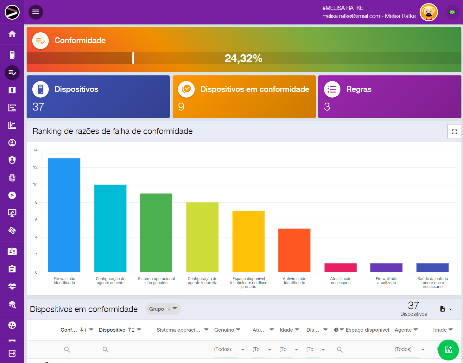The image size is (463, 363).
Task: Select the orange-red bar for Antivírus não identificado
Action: [x=294, y=250]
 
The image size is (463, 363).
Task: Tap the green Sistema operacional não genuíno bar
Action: [x=156, y=232]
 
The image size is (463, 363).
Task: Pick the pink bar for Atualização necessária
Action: [x=340, y=267]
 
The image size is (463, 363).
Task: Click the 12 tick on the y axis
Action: [x=35, y=168]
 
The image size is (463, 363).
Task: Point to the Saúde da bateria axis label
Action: [x=433, y=283]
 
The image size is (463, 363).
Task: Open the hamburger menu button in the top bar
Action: [x=36, y=12]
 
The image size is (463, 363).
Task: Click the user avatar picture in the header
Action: [x=428, y=12]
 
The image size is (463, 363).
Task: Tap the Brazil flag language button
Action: [x=452, y=12]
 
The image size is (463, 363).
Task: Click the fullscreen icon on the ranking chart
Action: [x=454, y=132]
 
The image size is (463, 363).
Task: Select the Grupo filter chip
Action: [x=163, y=309]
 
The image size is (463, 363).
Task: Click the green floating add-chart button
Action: [x=448, y=350]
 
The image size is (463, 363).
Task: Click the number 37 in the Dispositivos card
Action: [x=38, y=107]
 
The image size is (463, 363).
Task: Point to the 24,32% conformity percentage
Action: [x=243, y=58]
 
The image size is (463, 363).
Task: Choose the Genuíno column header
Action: [x=224, y=330]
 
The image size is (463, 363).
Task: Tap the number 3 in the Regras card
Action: [x=327, y=107]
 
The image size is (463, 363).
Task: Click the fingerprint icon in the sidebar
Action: [x=12, y=178]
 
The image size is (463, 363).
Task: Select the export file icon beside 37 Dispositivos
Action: [x=442, y=309]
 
